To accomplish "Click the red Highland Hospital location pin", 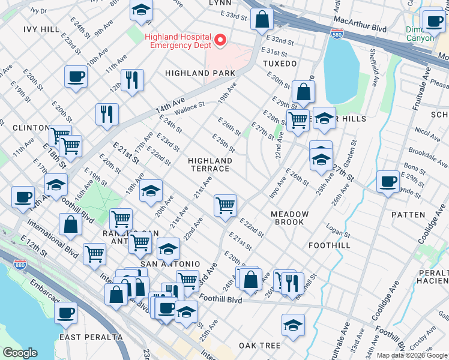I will pyautogui.click(x=220, y=41).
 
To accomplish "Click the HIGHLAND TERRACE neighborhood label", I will pyautogui.click(x=209, y=165).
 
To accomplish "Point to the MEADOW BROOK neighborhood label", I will pyautogui.click(x=289, y=218).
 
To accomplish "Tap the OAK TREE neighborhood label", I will pyautogui.click(x=260, y=346).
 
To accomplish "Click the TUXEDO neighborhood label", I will pyautogui.click(x=280, y=63).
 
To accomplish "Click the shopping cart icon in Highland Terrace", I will pyautogui.click(x=225, y=205).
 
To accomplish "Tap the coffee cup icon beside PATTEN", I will pyautogui.click(x=388, y=181).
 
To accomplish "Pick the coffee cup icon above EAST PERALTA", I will pyautogui.click(x=65, y=312).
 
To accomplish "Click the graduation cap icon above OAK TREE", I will pyautogui.click(x=292, y=325).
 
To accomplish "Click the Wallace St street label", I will pyautogui.click(x=190, y=109).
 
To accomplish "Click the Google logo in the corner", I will pyautogui.click(x=20, y=353).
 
